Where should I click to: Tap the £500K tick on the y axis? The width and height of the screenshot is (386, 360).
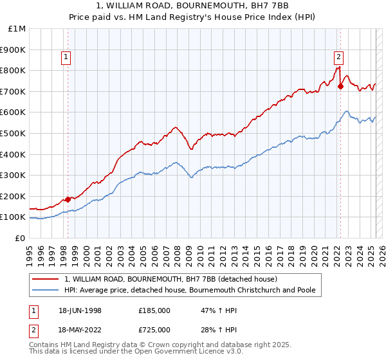pyautogui.click(x=12, y=133)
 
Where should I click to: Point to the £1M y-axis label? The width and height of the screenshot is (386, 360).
pyautogui.click(x=16, y=29)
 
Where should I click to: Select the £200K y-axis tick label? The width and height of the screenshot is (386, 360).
pyautogui.click(x=12, y=196)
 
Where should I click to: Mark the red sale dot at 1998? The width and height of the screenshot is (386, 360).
pyautogui.click(x=68, y=199)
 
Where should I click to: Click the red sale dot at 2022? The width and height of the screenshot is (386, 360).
pyautogui.click(x=340, y=86)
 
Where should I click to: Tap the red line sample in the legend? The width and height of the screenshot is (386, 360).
pyautogui.click(x=46, y=279)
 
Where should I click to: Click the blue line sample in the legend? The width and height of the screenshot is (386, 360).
pyautogui.click(x=46, y=290)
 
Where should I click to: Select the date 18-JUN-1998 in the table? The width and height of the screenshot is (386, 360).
pyautogui.click(x=80, y=310)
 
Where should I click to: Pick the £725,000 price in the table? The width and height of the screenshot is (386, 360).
pyautogui.click(x=154, y=329)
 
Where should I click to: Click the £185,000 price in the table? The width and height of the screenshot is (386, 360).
pyautogui.click(x=154, y=310)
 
